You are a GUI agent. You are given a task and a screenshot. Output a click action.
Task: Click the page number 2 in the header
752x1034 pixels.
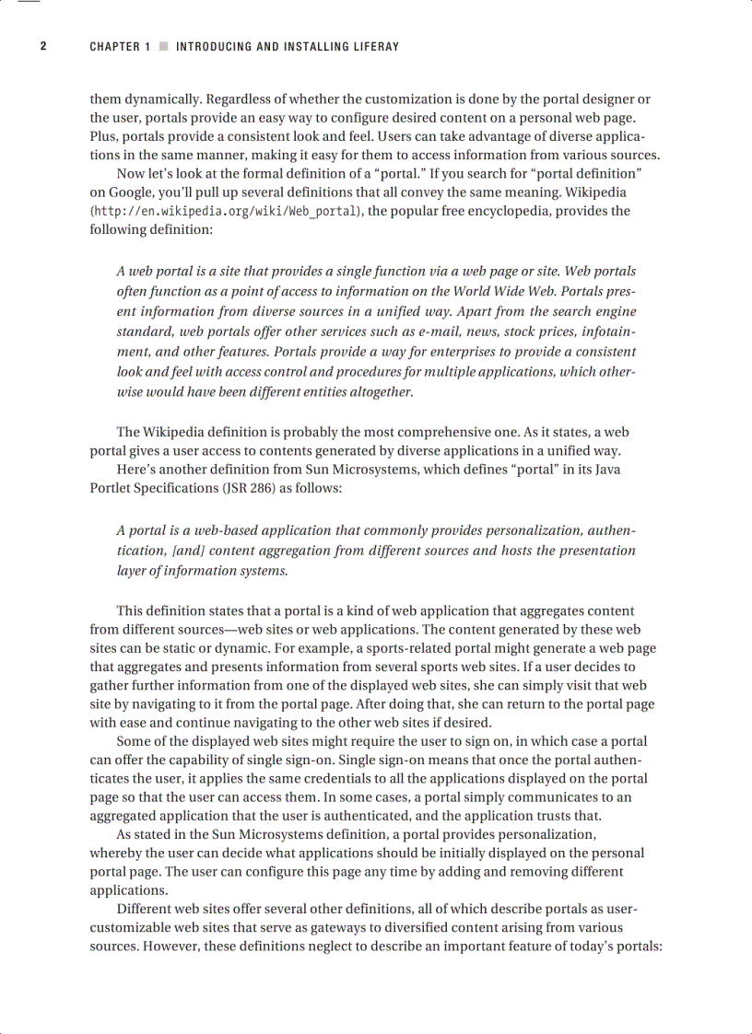coord(43,46)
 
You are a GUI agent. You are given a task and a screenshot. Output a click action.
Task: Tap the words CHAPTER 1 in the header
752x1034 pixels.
coord(120,46)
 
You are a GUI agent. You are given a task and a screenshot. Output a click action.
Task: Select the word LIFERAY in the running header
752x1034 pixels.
coord(374,46)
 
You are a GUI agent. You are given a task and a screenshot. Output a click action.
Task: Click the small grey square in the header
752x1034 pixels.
coord(163,46)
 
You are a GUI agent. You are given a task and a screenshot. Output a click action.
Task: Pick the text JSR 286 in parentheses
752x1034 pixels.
coord(238,488)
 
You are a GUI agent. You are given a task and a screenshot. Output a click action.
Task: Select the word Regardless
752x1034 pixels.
coord(239,99)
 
